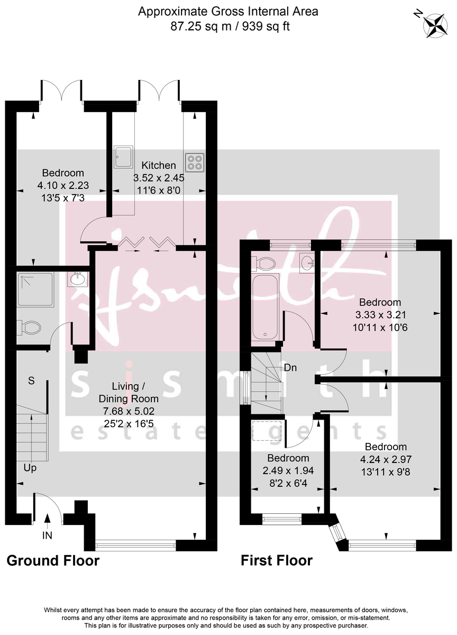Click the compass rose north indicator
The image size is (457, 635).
436,24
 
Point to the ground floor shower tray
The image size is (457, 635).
35,289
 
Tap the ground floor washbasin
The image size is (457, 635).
77,278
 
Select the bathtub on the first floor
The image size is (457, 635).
265,307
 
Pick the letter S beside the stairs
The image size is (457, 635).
31,380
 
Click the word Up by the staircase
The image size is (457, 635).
30,468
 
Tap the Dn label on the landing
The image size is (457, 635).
290,367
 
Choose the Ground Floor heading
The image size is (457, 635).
53,560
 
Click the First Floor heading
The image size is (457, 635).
277,560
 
